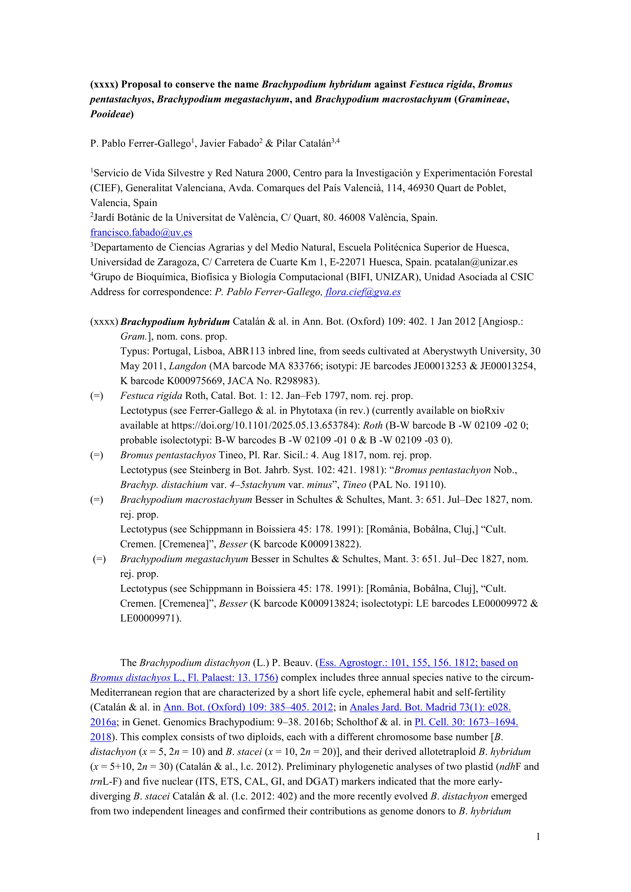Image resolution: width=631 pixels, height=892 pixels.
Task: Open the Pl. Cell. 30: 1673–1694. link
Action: click(x=466, y=722)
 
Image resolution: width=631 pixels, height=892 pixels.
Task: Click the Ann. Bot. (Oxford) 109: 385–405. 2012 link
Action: click(x=248, y=707)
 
